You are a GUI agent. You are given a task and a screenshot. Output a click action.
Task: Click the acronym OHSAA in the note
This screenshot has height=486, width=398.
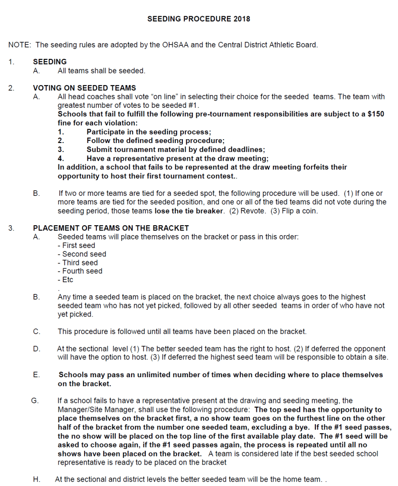tap(177, 45)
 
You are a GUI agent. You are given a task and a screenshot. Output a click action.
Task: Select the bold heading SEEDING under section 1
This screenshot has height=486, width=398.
tap(50, 62)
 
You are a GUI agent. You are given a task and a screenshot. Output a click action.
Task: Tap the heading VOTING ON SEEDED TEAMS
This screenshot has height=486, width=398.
tap(85, 88)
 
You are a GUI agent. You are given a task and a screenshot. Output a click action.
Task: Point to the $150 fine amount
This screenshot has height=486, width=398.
tap(376, 114)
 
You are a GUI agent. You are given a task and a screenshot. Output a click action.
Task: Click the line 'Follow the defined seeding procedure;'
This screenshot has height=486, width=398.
tap(155, 141)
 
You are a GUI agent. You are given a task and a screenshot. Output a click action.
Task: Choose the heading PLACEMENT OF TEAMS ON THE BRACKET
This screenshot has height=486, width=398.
tap(111, 228)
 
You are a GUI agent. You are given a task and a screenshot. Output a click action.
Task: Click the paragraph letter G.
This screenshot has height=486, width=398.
tap(34, 400)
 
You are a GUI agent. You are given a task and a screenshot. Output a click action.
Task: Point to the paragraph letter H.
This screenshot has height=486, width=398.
tap(37, 479)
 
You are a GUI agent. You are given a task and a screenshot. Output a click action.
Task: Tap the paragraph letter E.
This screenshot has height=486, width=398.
tap(37, 375)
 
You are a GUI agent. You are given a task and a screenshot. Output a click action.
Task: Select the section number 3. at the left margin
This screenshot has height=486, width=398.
tap(11, 228)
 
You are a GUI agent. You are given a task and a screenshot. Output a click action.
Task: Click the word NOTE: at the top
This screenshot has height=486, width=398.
tap(20, 45)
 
